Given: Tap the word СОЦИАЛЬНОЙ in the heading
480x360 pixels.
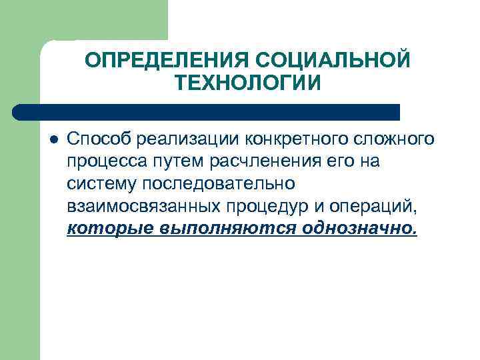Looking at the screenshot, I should pos(332,61).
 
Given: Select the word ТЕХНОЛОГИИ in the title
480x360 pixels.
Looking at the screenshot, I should pos(248,83).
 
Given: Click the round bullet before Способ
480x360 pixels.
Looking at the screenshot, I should pos(54,139).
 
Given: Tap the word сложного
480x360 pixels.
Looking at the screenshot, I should pos(395,139).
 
